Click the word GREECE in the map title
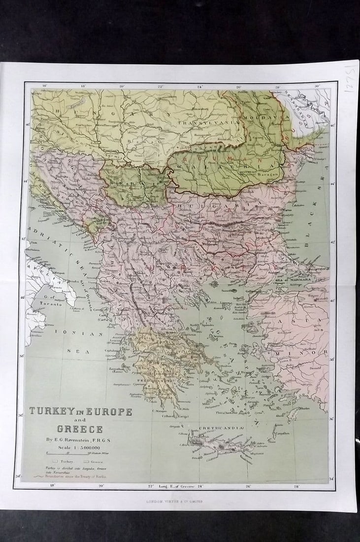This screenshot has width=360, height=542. (x=79, y=428)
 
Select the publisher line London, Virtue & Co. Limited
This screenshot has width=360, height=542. (x=174, y=501)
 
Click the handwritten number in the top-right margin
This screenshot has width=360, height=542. (x=349, y=78)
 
